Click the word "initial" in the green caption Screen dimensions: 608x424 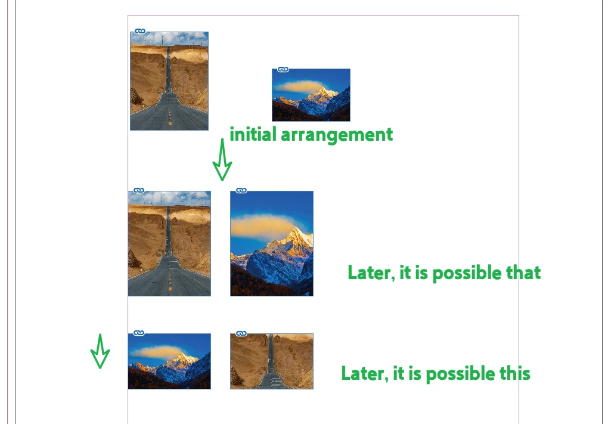[x=253, y=135]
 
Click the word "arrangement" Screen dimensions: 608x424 [x=337, y=135]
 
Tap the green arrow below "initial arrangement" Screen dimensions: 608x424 [x=222, y=159]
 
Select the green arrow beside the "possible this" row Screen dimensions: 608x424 [x=100, y=351]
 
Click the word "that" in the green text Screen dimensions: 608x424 [x=523, y=273]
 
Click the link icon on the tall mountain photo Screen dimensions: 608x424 [x=241, y=190]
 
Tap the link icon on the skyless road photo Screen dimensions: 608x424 [x=241, y=333]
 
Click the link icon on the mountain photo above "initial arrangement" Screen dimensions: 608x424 [x=283, y=69]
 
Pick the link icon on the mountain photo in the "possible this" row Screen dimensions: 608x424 [x=139, y=333]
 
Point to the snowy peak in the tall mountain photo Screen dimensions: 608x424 [x=297, y=236]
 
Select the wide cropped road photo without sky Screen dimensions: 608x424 [x=272, y=361]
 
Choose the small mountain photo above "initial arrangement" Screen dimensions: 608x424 [x=311, y=95]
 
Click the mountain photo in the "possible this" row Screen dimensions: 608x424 [x=169, y=361]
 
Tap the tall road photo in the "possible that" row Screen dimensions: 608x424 [x=169, y=244]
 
